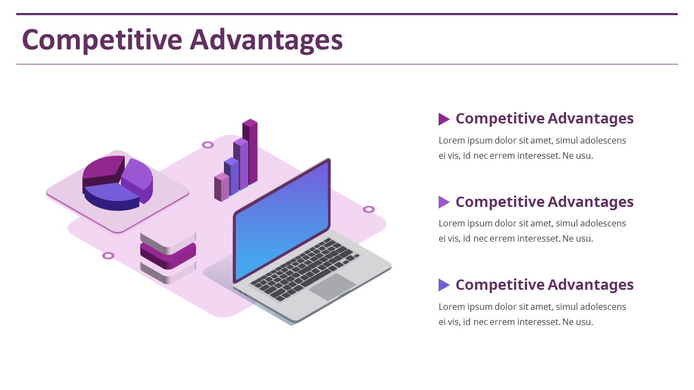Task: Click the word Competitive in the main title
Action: [x=101, y=40]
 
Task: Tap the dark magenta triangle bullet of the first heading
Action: [x=443, y=119]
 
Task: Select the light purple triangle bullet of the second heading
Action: [x=443, y=202]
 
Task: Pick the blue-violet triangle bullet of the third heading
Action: [x=443, y=285]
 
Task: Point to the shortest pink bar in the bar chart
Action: [x=222, y=187]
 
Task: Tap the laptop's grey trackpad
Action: [x=332, y=287]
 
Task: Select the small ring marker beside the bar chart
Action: [x=208, y=145]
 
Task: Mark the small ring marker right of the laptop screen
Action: [x=369, y=209]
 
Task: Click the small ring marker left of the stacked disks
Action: [x=108, y=256]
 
